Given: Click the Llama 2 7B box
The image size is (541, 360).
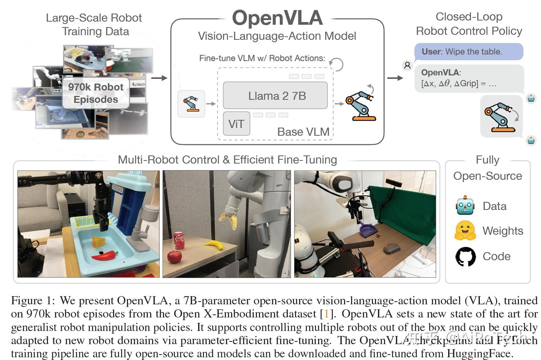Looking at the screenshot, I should click(275, 96).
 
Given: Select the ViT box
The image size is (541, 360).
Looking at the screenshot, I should click(236, 124).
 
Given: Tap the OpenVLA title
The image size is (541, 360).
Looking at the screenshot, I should click(277, 18).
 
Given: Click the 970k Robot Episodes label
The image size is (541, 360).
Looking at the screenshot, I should click(96, 93).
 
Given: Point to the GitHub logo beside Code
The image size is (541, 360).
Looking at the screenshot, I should click(465, 256).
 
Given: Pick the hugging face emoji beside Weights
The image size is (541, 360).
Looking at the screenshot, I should click(465, 231).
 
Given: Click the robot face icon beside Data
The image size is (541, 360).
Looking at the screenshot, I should click(465, 206).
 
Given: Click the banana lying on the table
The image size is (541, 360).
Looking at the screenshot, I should click(213, 245).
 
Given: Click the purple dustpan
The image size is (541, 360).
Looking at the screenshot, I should click(368, 231).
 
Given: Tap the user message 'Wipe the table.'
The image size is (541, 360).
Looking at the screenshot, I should click(469, 52).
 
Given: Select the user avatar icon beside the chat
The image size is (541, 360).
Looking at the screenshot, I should click(407, 65).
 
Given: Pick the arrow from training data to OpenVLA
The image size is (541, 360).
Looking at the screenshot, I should click(159, 78).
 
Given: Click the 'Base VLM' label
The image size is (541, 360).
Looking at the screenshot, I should click(303, 132).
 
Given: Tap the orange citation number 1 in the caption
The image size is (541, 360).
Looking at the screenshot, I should click(326, 314).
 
